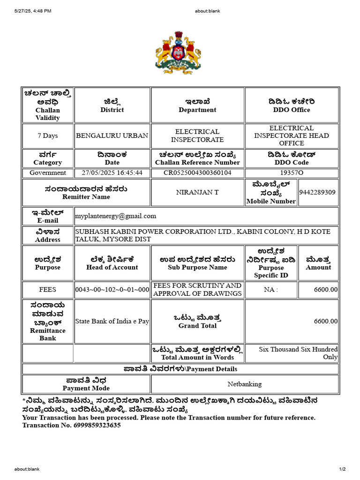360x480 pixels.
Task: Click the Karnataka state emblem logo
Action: tap(175, 53)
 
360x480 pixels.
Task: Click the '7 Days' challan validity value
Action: tap(48, 135)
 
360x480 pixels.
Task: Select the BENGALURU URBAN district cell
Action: tap(112, 135)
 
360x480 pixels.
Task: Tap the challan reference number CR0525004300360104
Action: tap(197, 172)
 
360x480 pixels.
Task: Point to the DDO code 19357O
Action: tap(292, 172)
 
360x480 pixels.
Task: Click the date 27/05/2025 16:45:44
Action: tap(112, 172)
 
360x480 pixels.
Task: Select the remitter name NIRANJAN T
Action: tap(197, 192)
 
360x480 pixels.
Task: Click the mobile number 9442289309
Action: tap(318, 192)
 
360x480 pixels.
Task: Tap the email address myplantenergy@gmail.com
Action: tap(116, 216)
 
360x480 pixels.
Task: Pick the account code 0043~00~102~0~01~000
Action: tap(112, 290)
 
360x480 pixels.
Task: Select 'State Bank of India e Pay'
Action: tap(112, 322)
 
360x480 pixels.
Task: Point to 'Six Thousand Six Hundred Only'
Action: tap(298, 353)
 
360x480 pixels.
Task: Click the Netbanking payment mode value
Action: tap(245, 384)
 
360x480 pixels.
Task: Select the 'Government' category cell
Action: tap(48, 172)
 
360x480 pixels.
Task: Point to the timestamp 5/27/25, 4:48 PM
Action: tap(33, 11)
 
